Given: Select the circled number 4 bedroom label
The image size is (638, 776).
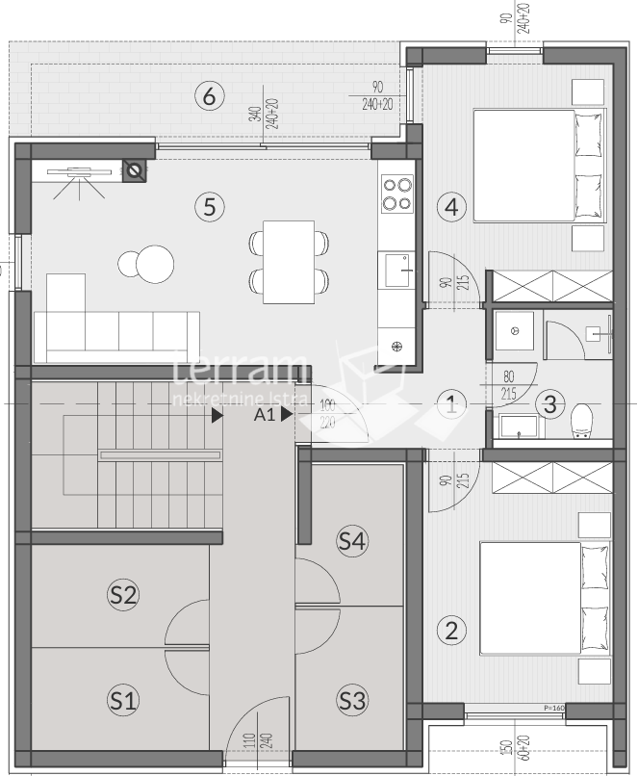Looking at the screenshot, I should [451, 206].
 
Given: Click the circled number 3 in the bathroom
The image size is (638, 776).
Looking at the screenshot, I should [549, 404].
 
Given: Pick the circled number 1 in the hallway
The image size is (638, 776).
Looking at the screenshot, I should [452, 404].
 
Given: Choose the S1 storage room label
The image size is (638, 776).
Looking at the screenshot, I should [121, 700].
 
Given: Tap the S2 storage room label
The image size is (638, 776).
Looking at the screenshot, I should [121, 594].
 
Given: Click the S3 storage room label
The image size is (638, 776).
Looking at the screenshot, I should [352, 700].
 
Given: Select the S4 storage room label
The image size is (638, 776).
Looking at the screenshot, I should [352, 542].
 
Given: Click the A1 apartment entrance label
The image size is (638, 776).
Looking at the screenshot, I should [266, 416].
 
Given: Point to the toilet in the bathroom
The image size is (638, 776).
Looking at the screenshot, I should [582, 421].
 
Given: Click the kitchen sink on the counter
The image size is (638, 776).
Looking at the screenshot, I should [396, 271].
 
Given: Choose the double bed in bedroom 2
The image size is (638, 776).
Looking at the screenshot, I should [544, 598].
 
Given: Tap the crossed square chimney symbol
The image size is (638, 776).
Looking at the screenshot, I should [137, 171].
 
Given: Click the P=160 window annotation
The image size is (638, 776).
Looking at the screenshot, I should [553, 709].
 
